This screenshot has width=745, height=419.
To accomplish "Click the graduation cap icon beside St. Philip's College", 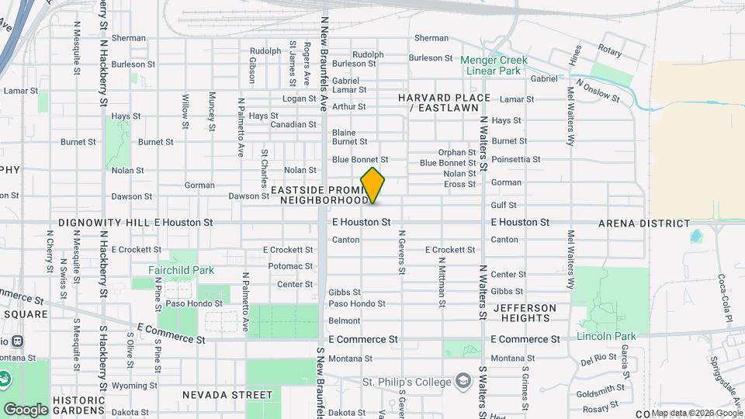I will pos(463,381).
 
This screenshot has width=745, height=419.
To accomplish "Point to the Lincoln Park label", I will pos(606,336).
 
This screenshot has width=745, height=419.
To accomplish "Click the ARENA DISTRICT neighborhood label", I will pos(644,223).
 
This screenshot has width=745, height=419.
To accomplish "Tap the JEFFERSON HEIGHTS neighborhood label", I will pos(525,313).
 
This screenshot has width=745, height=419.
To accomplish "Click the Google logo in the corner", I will pos(25,409).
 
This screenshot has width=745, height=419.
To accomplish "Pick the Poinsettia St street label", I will pos(516,159).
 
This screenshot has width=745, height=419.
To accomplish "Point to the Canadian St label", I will pos(293,124).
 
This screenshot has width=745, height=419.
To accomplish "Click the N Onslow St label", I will pos(598,90).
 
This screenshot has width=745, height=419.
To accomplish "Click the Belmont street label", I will pos(345,320).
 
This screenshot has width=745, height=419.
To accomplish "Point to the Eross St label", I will pos(459,184).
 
